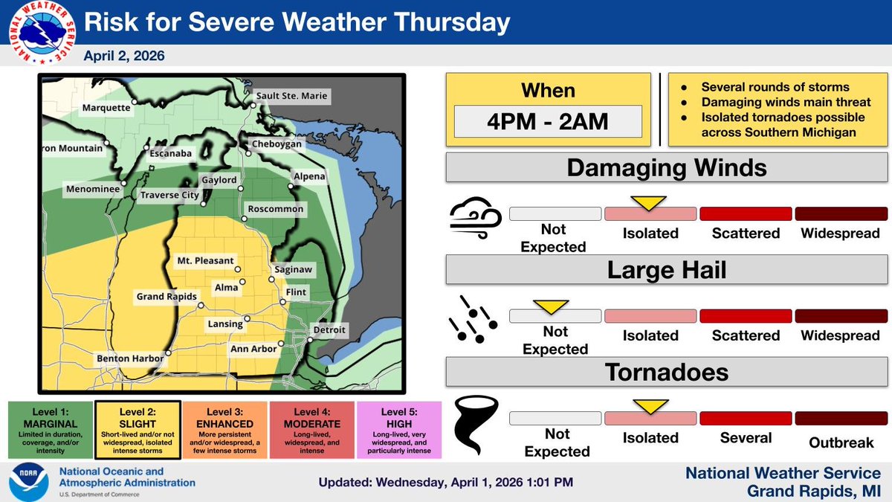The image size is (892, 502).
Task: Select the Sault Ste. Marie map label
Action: click(291, 96)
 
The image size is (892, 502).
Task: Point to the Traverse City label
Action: click(170, 196)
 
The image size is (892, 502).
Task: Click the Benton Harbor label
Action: click(130, 358)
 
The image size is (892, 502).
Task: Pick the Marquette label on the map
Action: click(106, 108)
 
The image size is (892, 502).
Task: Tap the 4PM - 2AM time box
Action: click(548, 121)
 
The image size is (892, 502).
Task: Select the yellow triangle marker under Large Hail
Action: click(551, 305)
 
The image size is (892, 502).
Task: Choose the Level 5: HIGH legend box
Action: click(399, 430)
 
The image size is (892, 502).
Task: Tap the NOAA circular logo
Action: click(28, 482)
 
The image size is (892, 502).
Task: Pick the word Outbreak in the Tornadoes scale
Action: click(841, 443)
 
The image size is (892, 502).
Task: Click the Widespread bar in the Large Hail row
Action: click(837, 316)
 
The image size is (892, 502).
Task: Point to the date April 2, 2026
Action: click(124, 56)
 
